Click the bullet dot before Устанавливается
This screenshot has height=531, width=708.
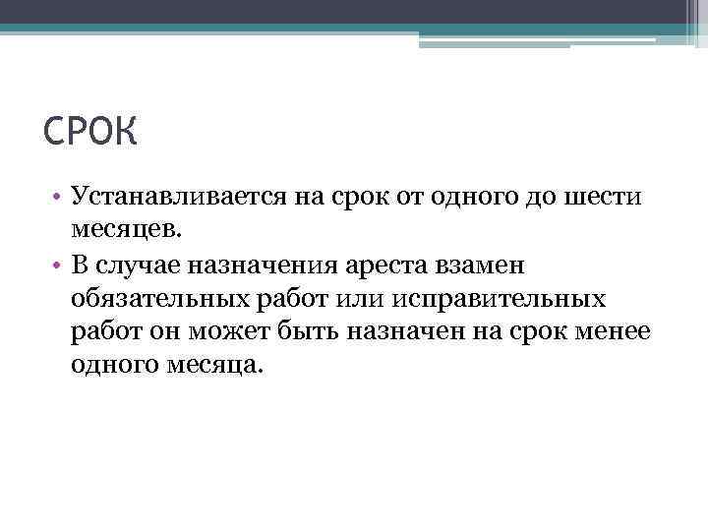click(x=59, y=197)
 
